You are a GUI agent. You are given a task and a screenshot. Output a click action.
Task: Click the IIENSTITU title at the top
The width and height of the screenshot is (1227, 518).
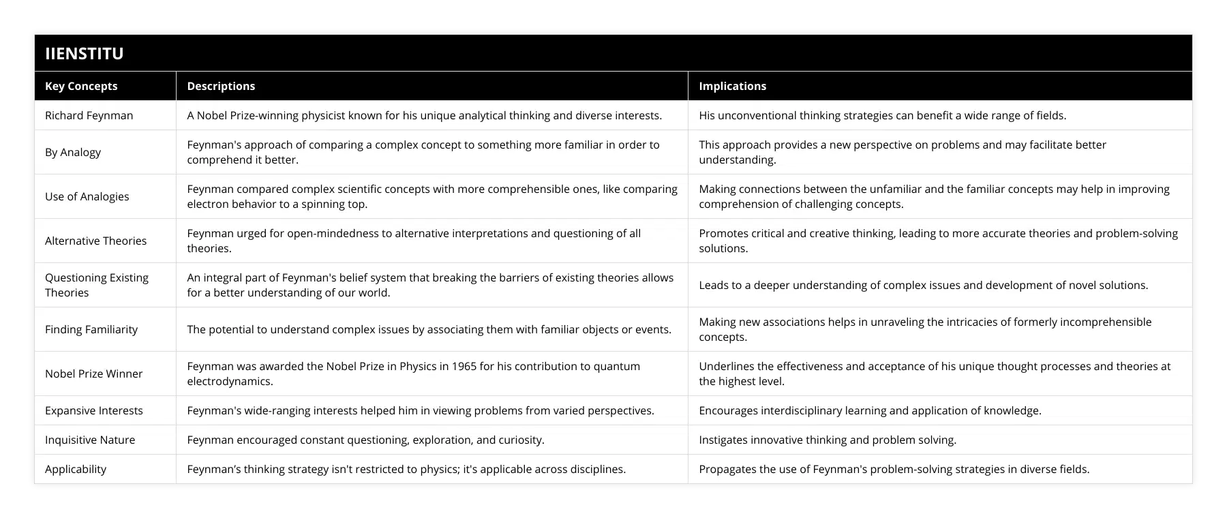pos(85,53)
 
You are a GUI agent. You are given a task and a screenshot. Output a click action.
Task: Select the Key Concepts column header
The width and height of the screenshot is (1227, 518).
pos(81,86)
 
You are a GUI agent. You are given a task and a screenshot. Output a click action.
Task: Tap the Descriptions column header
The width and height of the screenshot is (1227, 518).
pos(221,86)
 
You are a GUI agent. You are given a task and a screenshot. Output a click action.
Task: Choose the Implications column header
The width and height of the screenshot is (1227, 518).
pos(732,86)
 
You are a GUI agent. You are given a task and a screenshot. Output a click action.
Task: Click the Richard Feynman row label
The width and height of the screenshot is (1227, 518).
pos(89,115)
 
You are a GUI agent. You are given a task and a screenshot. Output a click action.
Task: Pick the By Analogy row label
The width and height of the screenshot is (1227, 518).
pos(73,152)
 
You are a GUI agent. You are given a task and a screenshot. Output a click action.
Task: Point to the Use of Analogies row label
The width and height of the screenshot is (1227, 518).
pos(87,196)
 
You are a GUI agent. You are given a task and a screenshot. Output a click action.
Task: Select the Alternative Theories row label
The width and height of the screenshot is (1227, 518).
pos(95,241)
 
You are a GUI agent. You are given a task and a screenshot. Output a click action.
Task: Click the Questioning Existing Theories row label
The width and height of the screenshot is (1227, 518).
pos(96,285)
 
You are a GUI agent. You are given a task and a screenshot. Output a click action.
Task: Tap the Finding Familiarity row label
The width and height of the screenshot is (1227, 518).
pos(91,329)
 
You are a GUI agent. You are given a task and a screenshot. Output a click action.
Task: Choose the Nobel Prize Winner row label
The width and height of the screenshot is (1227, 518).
pos(93,374)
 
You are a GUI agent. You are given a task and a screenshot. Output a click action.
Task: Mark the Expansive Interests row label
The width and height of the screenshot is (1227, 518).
pos(93,410)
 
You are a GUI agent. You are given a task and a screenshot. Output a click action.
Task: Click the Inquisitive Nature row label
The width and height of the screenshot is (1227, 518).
pos(90,440)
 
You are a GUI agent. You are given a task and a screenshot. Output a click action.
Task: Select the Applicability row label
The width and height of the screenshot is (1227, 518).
pos(76,469)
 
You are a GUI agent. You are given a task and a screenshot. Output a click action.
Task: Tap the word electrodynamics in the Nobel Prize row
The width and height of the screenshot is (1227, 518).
pos(230,381)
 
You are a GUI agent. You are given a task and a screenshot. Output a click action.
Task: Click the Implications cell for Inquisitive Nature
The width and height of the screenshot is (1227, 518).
pos(828,440)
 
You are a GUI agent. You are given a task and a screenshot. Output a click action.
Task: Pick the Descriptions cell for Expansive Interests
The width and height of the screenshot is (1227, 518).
pos(421,410)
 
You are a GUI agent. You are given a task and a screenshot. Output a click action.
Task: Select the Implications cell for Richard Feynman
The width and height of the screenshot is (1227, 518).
pos(882,115)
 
